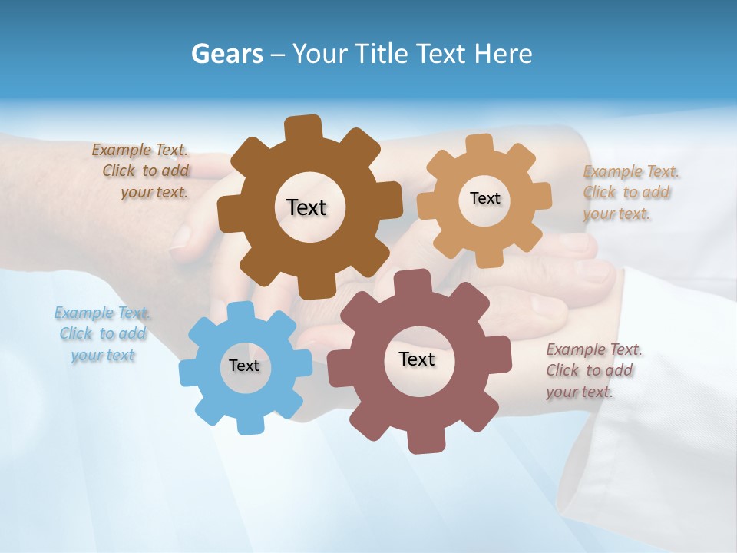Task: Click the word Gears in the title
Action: pyautogui.click(x=227, y=54)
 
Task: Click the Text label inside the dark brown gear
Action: pyautogui.click(x=306, y=207)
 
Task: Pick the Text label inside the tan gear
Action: pyautogui.click(x=484, y=198)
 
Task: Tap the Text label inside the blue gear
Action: pyautogui.click(x=244, y=366)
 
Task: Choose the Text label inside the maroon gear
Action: pyautogui.click(x=417, y=359)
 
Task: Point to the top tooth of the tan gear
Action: pyautogui.click(x=480, y=144)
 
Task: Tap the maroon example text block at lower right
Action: pyautogui.click(x=593, y=370)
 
